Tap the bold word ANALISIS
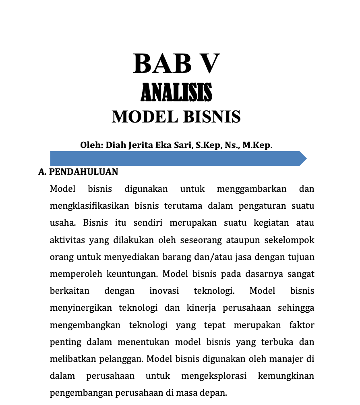click(x=176, y=92)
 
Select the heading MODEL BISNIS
click(x=176, y=117)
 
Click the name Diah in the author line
click(x=116, y=145)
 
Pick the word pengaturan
click(x=260, y=206)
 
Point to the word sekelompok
click(x=290, y=240)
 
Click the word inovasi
click(x=164, y=291)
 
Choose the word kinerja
click(x=201, y=308)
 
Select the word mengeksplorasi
click(x=213, y=376)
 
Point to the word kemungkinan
click(x=286, y=376)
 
